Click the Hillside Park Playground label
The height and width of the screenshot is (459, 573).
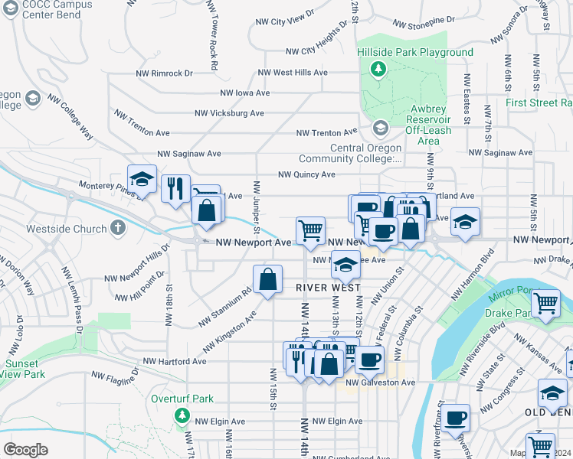pos(414,52)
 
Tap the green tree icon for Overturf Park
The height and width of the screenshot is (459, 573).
pos(182,415)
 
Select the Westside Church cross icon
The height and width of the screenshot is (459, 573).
pos(116,227)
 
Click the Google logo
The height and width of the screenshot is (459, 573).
pos(25,449)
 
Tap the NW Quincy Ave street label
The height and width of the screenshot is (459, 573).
pos(306,174)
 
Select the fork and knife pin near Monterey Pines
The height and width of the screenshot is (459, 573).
pos(175,187)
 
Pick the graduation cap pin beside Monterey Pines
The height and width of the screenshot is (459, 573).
pos(142,179)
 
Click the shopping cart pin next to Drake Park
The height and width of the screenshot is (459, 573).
pos(546,303)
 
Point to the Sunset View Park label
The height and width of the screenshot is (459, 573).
pos(23,369)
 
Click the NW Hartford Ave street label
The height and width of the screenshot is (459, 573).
pos(174,361)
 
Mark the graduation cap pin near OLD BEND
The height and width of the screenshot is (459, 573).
pos(552,393)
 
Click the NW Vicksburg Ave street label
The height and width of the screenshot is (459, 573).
pos(229,112)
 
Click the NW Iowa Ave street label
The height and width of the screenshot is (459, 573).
pos(245,93)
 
